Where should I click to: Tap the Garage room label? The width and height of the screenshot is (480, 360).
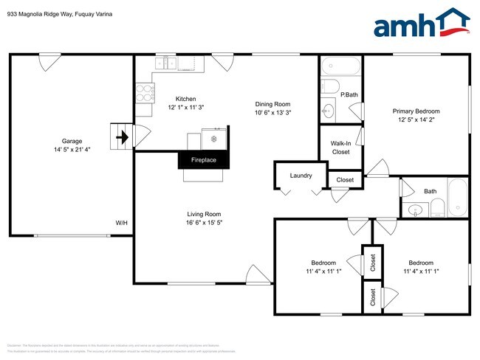(x=72, y=141)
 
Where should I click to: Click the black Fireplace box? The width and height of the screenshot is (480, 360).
(x=204, y=160)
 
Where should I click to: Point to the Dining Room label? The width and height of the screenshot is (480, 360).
(x=272, y=104)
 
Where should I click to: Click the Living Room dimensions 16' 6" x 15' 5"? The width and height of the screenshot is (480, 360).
(x=203, y=222)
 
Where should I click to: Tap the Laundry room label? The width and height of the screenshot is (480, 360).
(x=301, y=176)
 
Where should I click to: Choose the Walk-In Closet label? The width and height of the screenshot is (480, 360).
(x=340, y=148)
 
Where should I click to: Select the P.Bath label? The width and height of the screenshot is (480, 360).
(x=349, y=94)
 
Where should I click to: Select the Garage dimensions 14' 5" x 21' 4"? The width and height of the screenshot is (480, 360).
(x=72, y=150)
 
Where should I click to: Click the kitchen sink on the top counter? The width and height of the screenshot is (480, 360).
(x=169, y=64)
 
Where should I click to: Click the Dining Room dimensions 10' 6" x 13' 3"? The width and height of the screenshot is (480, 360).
(x=272, y=113)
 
